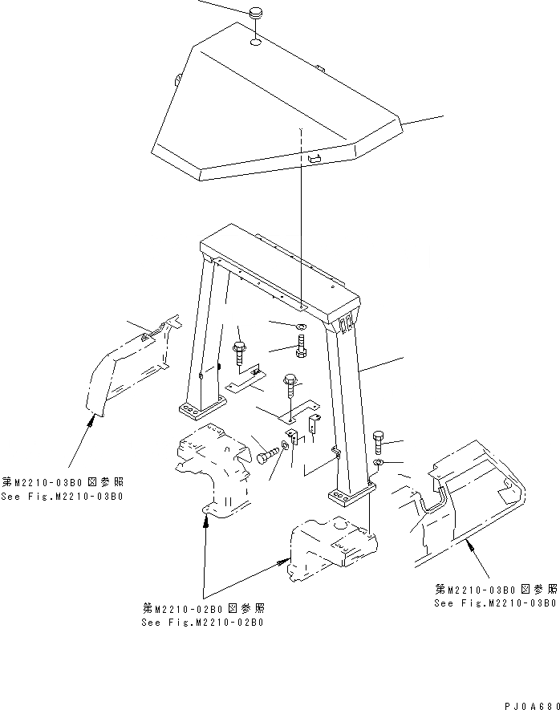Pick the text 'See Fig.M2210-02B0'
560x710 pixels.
click(x=203, y=622)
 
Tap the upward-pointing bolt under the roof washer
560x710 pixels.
click(x=301, y=347)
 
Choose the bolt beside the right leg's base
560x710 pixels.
click(x=379, y=442)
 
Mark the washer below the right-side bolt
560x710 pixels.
click(x=379, y=465)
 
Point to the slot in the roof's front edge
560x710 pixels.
click(x=313, y=160)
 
